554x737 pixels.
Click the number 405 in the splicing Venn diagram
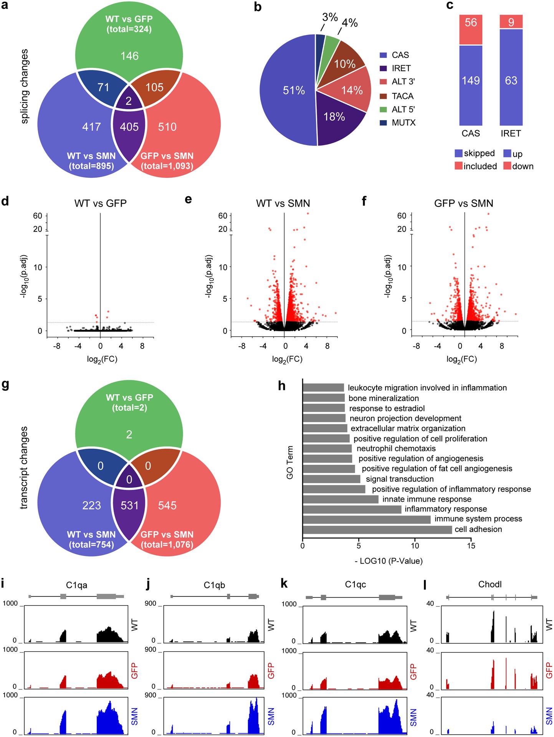pyautogui.click(x=129, y=127)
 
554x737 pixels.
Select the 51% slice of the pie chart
pyautogui.click(x=288, y=91)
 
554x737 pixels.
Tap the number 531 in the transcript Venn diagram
pyautogui.click(x=129, y=505)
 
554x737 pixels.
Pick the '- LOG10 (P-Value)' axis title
pyautogui.click(x=389, y=561)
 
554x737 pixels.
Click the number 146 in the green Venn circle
pyautogui.click(x=129, y=56)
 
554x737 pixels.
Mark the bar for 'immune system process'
pyautogui.click(x=367, y=519)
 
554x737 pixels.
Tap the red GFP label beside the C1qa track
pyautogui.click(x=134, y=670)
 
